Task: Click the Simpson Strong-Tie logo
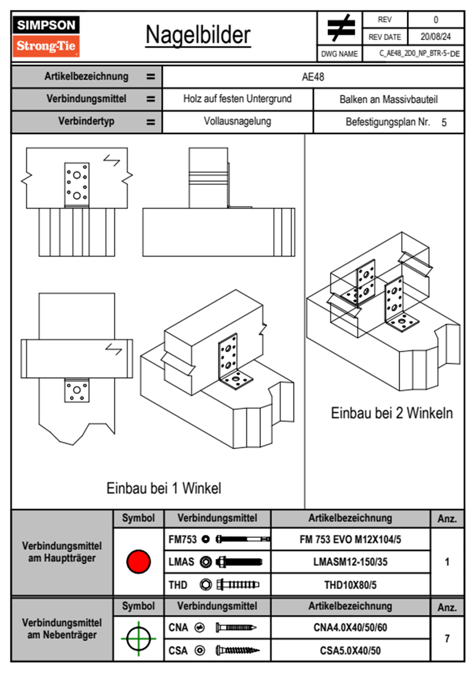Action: [46, 36]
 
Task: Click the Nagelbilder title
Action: [198, 35]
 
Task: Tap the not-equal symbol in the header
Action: [340, 28]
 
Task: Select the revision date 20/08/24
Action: [435, 37]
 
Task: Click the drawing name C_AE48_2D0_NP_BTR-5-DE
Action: [419, 54]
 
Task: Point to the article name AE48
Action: [313, 77]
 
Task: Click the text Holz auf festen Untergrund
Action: [237, 99]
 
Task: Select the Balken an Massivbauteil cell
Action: [388, 99]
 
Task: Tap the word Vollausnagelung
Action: [237, 121]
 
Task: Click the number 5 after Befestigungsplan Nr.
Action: [444, 122]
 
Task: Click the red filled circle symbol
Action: [138, 561]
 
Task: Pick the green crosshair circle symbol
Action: [138, 639]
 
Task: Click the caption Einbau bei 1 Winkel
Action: [164, 488]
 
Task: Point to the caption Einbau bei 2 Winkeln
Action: [392, 413]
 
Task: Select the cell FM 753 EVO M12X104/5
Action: [350, 539]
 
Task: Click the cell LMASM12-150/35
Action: [350, 562]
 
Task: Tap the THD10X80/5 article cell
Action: [350, 585]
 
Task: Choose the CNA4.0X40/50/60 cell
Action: [350, 627]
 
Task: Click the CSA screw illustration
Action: [237, 650]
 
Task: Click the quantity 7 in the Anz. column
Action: [447, 639]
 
